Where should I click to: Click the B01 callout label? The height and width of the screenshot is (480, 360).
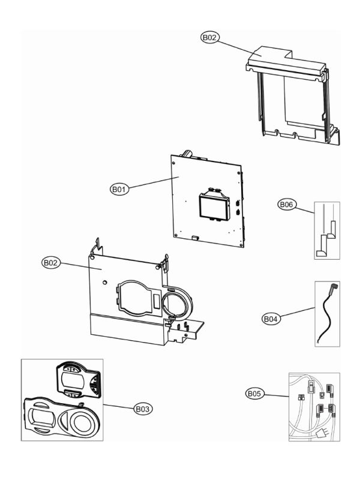pos(119,189)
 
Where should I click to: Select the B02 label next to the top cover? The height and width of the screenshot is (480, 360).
pos(209,37)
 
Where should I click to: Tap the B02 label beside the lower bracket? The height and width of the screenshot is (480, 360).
pos(51,263)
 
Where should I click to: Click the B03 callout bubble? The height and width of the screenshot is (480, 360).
pos(142,409)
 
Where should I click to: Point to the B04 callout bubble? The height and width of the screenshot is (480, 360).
pos(271,319)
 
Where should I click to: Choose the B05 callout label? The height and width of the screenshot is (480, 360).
pos(256,394)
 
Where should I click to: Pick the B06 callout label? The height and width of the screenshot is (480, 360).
pos(286,205)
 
